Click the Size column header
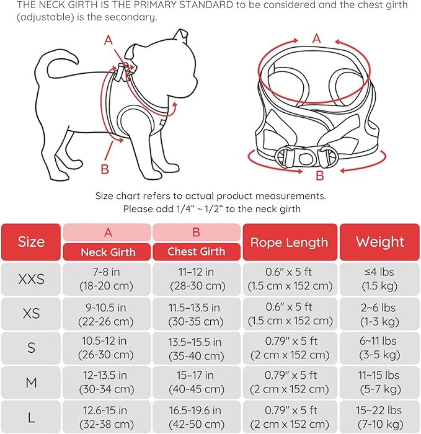(31, 242)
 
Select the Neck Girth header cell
(107, 252)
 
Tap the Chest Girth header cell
(197, 252)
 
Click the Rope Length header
(289, 242)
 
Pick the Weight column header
(379, 242)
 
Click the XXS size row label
(31, 279)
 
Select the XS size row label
(31, 314)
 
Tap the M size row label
(31, 383)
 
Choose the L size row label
(31, 417)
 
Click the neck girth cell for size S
(107, 348)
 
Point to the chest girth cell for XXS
(197, 279)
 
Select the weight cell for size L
(379, 417)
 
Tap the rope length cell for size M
(289, 383)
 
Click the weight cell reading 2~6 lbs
(379, 314)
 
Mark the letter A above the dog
(109, 40)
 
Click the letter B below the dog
(105, 169)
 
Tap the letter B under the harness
(320, 175)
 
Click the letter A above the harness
(317, 38)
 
